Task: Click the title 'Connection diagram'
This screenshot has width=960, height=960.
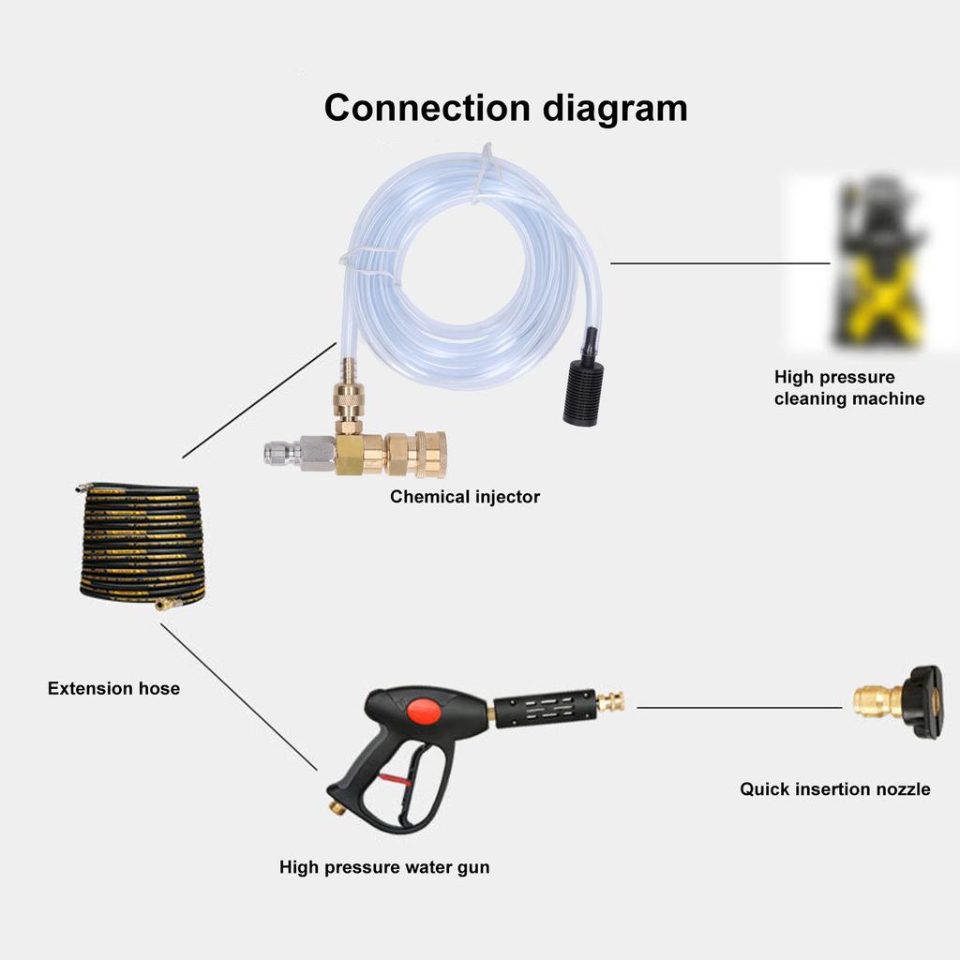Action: [x=505, y=108]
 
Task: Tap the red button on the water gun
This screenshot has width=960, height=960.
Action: [x=424, y=710]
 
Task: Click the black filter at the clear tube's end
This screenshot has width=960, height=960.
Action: [x=582, y=389]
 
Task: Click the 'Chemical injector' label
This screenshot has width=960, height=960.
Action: [x=465, y=497]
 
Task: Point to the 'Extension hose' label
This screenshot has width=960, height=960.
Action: [x=113, y=688]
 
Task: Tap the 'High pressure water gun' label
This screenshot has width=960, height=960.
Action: [x=384, y=867]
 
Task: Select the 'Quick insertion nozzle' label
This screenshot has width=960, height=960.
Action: [x=834, y=789]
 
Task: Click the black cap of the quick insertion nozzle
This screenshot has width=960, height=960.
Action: [x=923, y=701]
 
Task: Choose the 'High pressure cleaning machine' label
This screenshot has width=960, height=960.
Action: [x=848, y=388]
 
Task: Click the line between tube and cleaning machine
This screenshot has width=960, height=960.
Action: [x=720, y=263]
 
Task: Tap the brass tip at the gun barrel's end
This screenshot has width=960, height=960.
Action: [x=612, y=701]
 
